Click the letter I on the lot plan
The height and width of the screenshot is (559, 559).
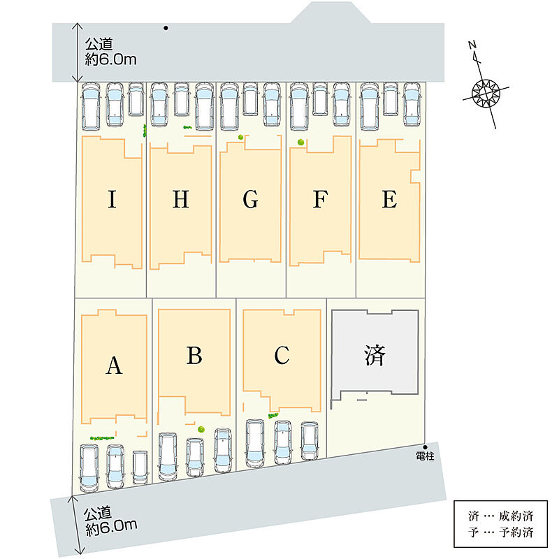112,199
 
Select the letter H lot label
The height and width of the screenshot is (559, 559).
181,199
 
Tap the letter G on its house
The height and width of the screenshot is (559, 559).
250,199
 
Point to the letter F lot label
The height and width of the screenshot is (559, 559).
320,199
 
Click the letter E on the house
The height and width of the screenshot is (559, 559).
389,199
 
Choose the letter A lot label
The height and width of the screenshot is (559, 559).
114,365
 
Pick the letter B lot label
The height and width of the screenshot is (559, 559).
194,355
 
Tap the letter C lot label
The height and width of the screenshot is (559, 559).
282,355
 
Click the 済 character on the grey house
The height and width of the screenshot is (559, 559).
375,355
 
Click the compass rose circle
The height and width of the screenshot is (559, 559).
486,93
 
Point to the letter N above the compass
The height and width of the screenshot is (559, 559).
473,45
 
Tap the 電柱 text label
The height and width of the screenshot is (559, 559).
425,456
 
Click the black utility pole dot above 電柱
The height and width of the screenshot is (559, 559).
425,447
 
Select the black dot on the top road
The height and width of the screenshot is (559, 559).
166,28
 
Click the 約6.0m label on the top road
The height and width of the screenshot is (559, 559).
110,59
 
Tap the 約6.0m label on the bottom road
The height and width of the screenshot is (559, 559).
111,527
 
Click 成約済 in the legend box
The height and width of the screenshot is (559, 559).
516,516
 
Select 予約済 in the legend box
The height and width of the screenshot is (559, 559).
516,532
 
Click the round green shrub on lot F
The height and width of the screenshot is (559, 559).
301,143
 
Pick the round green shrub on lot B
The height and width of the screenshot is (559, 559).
201,429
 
